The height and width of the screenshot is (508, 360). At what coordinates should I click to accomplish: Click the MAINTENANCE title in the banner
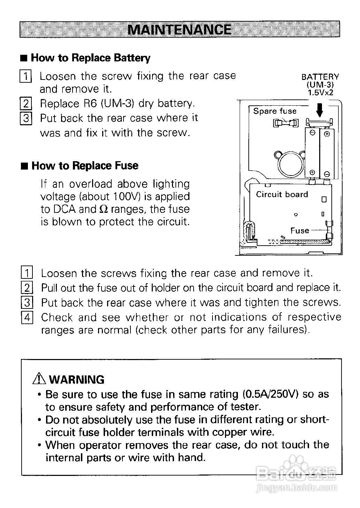[x=179, y=29]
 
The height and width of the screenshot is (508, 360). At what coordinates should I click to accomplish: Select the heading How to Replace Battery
[x=91, y=58]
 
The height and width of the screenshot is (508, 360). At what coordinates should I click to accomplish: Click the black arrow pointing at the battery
[x=320, y=111]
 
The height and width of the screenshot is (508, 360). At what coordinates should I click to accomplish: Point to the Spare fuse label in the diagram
[x=275, y=111]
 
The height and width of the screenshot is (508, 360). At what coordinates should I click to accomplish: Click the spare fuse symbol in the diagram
[x=286, y=123]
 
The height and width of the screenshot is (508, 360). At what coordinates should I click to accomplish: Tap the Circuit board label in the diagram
[x=282, y=194]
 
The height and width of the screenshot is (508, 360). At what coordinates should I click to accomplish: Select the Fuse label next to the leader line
[x=300, y=231]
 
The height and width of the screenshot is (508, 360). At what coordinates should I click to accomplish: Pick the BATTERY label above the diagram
[x=320, y=77]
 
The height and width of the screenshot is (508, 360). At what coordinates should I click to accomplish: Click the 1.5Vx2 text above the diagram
[x=320, y=93]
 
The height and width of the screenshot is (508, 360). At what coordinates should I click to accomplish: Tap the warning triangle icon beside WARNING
[x=39, y=379]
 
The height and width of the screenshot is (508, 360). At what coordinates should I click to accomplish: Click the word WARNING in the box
[x=77, y=380]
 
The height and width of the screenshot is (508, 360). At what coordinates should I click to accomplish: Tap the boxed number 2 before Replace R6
[x=26, y=104]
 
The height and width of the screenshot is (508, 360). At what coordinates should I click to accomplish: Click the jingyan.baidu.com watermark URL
[x=297, y=488]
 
